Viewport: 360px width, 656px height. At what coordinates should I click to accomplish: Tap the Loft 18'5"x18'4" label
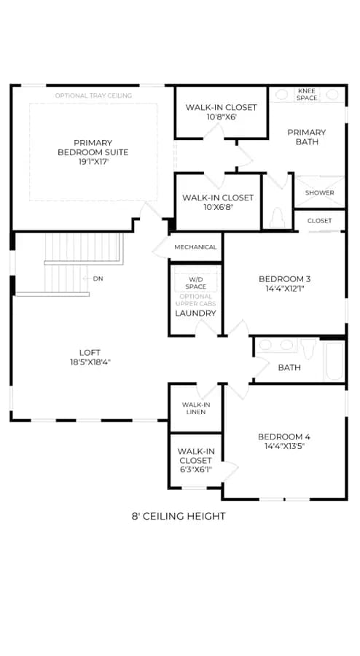[x=90, y=357]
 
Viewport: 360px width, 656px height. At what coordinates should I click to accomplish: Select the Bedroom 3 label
[x=285, y=284]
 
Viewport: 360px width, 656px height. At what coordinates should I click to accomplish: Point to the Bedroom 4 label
[x=284, y=441]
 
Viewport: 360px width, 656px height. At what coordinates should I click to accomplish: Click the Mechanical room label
[x=196, y=247]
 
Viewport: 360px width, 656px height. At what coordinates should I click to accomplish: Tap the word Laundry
[x=196, y=313]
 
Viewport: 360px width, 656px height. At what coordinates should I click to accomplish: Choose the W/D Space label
[x=196, y=283]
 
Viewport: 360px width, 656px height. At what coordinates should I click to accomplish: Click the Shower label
[x=320, y=193]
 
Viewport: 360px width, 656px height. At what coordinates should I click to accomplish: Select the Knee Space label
[x=308, y=94]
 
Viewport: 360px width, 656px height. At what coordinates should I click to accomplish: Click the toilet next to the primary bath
[x=277, y=217]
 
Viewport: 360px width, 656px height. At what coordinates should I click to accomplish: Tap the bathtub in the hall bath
[x=334, y=362]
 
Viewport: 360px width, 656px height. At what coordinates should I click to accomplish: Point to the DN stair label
[x=98, y=278]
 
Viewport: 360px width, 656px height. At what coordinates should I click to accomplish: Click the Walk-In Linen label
[x=196, y=408]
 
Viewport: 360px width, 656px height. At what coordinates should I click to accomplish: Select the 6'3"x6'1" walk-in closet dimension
[x=196, y=469]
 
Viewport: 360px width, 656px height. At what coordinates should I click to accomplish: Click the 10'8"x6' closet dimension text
[x=222, y=117]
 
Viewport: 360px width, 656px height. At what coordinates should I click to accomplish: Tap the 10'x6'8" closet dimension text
[x=218, y=207]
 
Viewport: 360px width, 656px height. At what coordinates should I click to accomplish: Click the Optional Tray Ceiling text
[x=94, y=95]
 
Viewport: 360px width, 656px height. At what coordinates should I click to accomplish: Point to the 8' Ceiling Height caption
[x=179, y=516]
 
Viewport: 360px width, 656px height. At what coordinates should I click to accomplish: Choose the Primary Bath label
[x=307, y=137]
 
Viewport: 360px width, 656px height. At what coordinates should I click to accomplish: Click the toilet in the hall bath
[x=308, y=348]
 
